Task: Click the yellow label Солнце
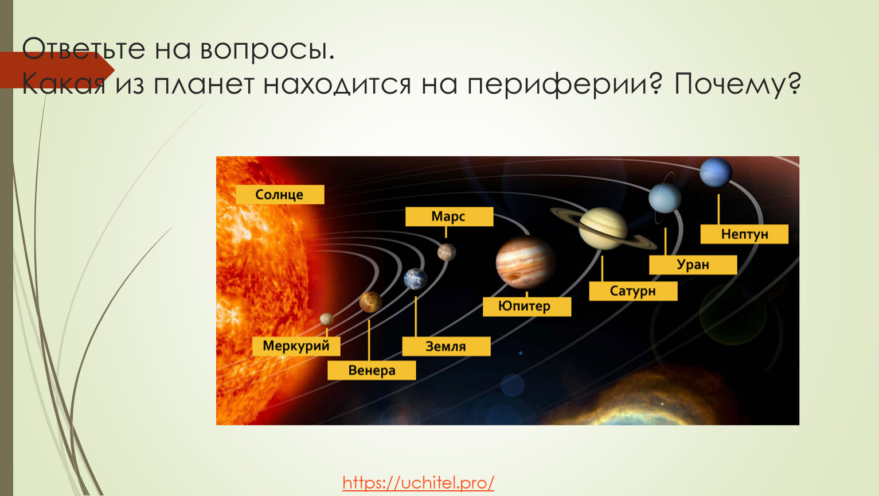[280, 195]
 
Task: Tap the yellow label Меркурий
[296, 346]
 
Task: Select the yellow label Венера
[372, 370]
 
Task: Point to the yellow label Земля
[446, 346]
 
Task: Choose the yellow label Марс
[450, 216]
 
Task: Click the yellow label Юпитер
[527, 307]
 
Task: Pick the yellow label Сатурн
[633, 291]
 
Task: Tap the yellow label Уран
[693, 265]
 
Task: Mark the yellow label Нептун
[744, 234]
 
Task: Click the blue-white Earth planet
[416, 279]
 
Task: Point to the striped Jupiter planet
[525, 262]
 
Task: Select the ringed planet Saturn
[603, 228]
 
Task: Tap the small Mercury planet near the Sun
[326, 319]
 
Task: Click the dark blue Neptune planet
[716, 172]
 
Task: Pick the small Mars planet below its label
[447, 252]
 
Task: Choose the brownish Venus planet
[370, 302]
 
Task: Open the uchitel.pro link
[419, 483]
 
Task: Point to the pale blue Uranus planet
[665, 198]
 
